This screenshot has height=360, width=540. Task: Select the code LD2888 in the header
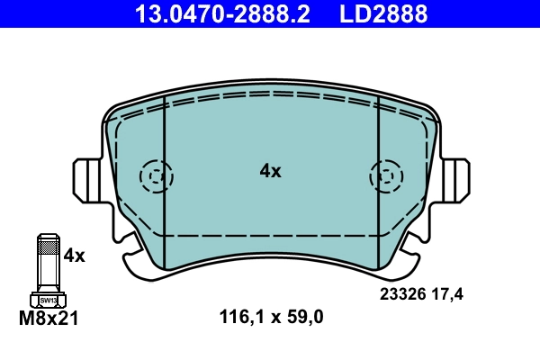[382, 13]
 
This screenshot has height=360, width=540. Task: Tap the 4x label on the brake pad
[270, 170]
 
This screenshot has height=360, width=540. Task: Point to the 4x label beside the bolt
[73, 256]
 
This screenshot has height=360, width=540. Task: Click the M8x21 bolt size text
[49, 318]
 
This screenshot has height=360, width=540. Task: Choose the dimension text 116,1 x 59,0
[271, 316]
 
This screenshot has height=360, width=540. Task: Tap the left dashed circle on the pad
[157, 176]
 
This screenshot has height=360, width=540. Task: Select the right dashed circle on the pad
[385, 176]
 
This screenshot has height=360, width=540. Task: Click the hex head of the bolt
[47, 299]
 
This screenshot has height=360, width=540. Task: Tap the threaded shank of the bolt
[47, 261]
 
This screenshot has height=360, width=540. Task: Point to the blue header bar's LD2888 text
[382, 13]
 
